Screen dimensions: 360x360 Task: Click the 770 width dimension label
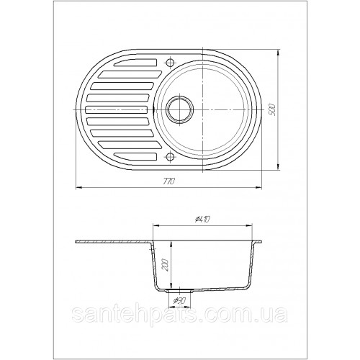(x=169, y=181)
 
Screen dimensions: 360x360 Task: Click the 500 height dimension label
(x=272, y=110)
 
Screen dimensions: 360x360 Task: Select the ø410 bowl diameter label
(x=203, y=219)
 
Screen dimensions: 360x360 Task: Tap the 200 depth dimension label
(x=165, y=265)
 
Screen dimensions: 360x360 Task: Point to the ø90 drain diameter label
(x=180, y=301)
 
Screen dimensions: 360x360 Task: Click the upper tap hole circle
(x=170, y=63)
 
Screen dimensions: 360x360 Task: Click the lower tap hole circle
(x=170, y=157)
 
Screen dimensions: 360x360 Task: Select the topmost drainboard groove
(x=135, y=63)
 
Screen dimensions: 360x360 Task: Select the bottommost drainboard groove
(x=135, y=156)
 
